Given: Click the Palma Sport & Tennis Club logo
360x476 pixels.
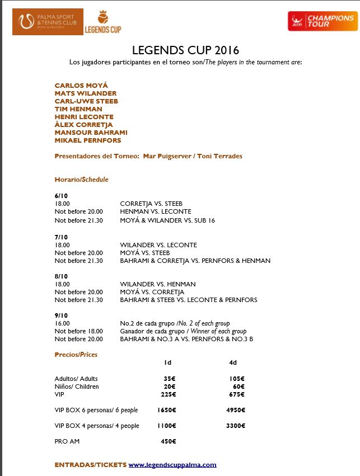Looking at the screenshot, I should pyautogui.click(x=48, y=22).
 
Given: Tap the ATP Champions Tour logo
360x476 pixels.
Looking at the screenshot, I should pyautogui.click(x=321, y=22).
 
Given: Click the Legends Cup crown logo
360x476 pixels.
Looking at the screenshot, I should pyautogui.click(x=102, y=22).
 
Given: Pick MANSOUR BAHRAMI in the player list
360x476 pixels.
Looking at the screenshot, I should pyautogui.click(x=91, y=133).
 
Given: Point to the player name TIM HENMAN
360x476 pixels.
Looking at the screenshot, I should pyautogui.click(x=78, y=109).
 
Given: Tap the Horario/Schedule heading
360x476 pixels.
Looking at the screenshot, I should pyautogui.click(x=81, y=180).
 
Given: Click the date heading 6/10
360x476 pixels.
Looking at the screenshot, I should pyautogui.click(x=61, y=196).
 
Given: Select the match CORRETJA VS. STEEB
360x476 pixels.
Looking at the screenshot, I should pyautogui.click(x=151, y=204).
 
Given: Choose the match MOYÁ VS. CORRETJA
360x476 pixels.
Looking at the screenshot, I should pyautogui.click(x=152, y=292).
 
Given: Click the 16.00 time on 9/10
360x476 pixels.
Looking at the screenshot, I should pyautogui.click(x=62, y=323).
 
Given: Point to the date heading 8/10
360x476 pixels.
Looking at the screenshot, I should pyautogui.click(x=61, y=276).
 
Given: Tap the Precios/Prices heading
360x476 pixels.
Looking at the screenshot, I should pyautogui.click(x=76, y=355).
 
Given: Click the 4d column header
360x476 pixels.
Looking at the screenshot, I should pyautogui.click(x=233, y=363).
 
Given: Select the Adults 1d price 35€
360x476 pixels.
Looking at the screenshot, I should pyautogui.click(x=169, y=379).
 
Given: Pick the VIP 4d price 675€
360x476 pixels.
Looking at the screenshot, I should pyautogui.click(x=237, y=394).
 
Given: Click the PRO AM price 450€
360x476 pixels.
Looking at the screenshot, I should pyautogui.click(x=168, y=441).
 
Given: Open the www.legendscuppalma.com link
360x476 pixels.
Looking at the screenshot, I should pyautogui.click(x=172, y=465).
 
